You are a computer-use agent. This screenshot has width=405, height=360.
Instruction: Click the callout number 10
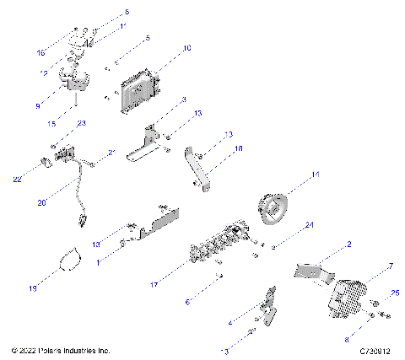[186, 48]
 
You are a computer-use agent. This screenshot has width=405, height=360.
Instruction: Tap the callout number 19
[33, 288]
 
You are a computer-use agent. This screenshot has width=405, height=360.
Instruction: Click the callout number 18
[238, 148]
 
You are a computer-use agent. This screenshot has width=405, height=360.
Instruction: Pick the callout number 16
[40, 52]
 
